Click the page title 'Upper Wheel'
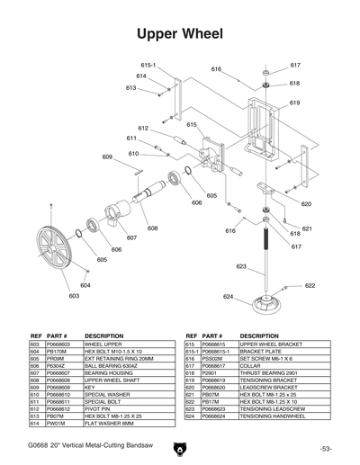(x=179, y=34)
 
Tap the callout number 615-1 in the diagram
(x=148, y=66)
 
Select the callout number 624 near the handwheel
(x=229, y=296)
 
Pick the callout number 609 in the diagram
(x=107, y=156)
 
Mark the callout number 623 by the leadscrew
(x=241, y=266)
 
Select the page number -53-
(x=325, y=447)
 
